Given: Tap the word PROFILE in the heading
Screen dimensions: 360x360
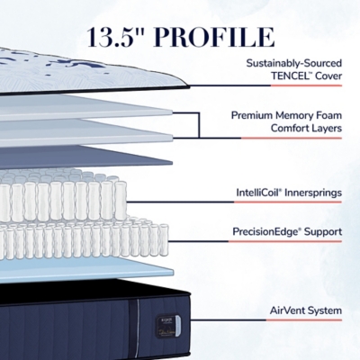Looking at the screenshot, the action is point(214,38).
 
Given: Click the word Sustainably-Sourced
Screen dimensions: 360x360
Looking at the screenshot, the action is point(294,63).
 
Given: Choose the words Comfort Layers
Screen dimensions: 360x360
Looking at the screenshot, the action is point(306,128).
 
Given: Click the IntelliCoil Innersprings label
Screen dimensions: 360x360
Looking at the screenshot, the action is point(289,193).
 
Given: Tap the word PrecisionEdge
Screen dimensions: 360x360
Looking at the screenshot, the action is point(266,232).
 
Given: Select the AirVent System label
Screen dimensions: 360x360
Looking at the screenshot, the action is point(306,310).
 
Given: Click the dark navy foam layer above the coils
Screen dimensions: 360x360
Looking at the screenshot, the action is point(86,157).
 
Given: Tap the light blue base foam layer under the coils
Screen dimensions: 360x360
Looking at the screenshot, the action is point(86,271).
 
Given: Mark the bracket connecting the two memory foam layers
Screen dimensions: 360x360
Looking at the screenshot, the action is point(199,125).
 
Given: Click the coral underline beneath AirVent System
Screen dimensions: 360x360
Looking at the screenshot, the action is point(304,320).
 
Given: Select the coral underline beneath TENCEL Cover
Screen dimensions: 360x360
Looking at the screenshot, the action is point(306,85).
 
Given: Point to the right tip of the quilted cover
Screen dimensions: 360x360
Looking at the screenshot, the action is point(189,86).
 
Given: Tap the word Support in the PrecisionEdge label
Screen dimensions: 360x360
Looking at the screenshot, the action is point(323,232).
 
